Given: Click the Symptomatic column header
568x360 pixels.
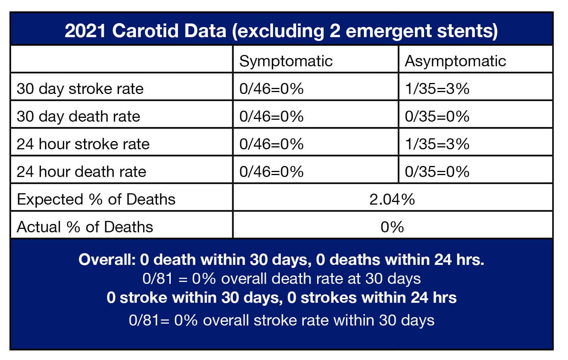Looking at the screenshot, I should [286, 61].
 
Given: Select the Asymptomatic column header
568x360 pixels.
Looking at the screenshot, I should [455, 61].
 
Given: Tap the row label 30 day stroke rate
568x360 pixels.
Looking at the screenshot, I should [80, 89].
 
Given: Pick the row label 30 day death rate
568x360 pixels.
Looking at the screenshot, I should [78, 116].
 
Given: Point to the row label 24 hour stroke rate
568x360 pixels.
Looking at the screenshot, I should [83, 144].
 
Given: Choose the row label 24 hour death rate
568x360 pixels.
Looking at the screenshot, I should [81, 172].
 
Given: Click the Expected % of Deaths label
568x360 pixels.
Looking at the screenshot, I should [96, 199].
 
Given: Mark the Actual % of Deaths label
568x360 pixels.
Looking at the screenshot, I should [85, 227].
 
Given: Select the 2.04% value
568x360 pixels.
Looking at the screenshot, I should [392, 199].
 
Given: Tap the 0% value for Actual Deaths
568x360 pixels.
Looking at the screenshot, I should [392, 227].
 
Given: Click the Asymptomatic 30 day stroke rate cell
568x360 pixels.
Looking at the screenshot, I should [437, 89].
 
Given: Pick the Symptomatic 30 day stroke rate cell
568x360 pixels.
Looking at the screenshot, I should [272, 89].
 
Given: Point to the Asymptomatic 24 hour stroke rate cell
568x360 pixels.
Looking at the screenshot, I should [437, 144].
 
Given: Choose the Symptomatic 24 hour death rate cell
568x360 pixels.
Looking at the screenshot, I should [272, 172].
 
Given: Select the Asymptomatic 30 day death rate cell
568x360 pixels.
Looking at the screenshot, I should [437, 116].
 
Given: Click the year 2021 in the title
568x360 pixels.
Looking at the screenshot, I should [85, 31].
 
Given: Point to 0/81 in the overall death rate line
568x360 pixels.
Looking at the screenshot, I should [158, 279].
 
